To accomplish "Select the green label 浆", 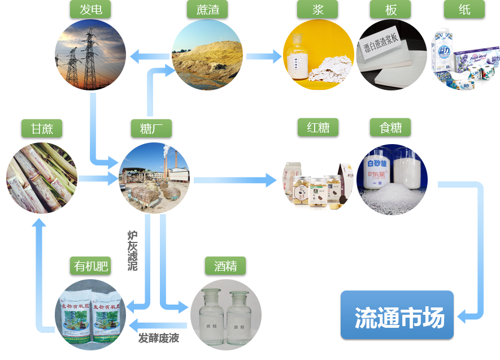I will (318, 10).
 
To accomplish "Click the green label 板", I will (391, 10).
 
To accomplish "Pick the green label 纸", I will (464, 10).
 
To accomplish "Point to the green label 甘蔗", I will (42, 128).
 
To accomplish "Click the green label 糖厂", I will (153, 128).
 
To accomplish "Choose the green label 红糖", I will (318, 128).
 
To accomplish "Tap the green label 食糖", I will (391, 128).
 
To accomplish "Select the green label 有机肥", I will (90, 266).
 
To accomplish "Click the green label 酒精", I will (225, 266).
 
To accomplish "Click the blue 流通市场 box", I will (397, 316).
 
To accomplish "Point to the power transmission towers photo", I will (90, 55).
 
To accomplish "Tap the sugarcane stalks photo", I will (42, 177).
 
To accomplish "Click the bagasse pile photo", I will (207, 55).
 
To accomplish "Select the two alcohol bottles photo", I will (225, 314).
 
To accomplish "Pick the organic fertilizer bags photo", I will (90, 314).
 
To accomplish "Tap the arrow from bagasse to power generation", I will (150, 56).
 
